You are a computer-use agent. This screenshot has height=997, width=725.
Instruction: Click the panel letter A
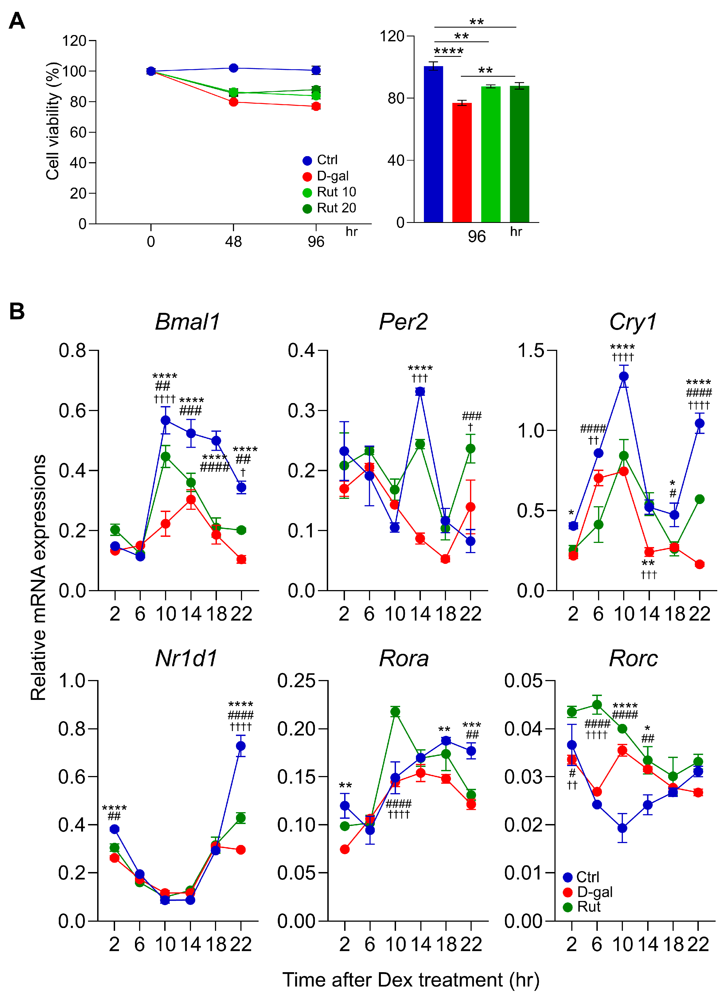tap(17, 21)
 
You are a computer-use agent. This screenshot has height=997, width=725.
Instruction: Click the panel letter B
tap(17, 311)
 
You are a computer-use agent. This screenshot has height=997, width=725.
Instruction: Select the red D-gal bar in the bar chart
tap(462, 163)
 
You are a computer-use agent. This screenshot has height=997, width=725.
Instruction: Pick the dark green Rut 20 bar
tap(519, 154)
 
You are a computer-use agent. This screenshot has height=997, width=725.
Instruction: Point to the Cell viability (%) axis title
tap(53, 121)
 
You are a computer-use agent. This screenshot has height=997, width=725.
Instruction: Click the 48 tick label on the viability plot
tap(233, 242)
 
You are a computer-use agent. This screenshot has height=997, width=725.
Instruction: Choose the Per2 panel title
tap(403, 322)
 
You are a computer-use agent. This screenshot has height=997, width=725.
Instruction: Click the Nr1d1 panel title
tap(186, 659)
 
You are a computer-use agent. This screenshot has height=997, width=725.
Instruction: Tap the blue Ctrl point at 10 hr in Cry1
tap(623, 376)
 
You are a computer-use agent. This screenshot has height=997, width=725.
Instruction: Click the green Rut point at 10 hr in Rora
tap(395, 712)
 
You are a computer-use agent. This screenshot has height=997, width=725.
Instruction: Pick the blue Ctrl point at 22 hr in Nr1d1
tap(240, 746)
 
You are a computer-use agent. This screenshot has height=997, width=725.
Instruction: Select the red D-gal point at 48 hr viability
tap(233, 102)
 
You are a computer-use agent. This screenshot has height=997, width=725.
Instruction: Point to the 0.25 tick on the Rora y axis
tap(296, 681)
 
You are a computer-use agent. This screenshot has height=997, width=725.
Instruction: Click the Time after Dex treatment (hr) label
tap(411, 980)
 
